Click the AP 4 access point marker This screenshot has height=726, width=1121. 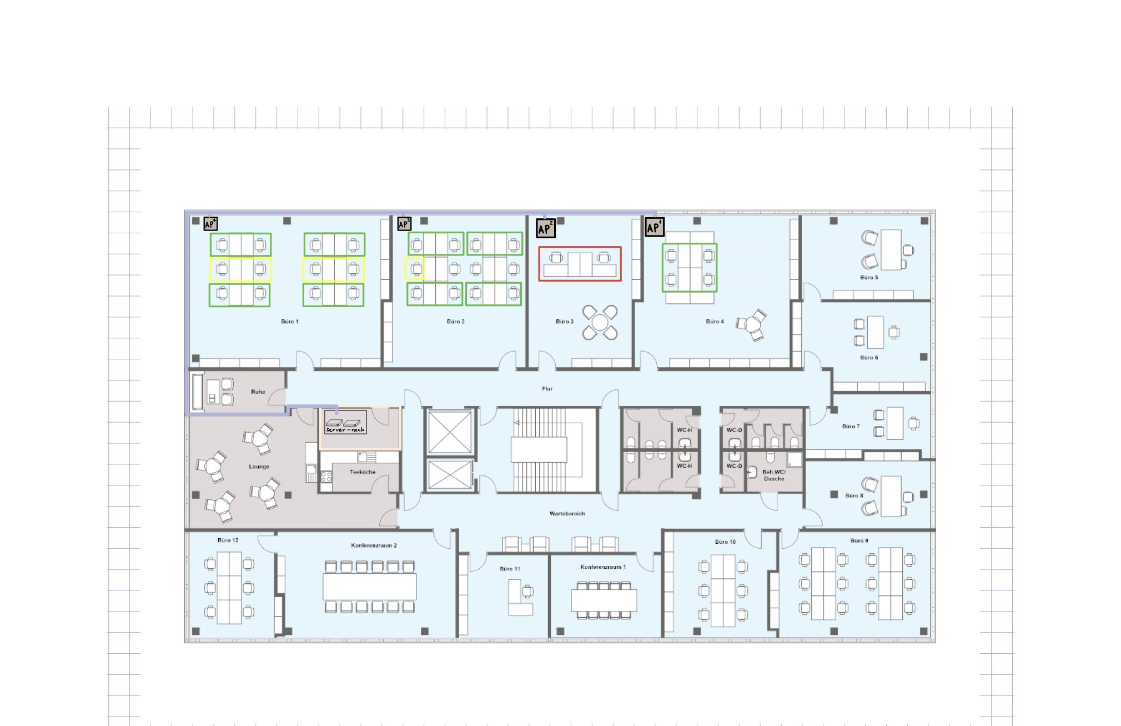click(210, 224)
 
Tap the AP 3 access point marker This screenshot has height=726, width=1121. click(404, 224)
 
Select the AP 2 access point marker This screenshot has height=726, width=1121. click(545, 228)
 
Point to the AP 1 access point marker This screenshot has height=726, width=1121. click(654, 227)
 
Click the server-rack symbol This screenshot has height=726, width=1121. click(345, 422)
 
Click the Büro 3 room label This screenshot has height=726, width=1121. click(564, 322)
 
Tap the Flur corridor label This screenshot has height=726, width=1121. click(547, 389)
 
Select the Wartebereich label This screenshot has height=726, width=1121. click(567, 514)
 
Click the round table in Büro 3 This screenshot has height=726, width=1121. click(600, 322)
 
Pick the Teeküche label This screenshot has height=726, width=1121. click(362, 472)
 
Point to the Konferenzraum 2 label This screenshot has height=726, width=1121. click(374, 545)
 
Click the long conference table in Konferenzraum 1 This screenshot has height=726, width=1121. click(604, 600)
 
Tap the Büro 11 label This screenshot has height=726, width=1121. click(509, 569)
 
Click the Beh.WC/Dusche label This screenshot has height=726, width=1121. click(773, 475)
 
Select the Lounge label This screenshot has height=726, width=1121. click(259, 467)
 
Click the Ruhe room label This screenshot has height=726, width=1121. click(258, 392)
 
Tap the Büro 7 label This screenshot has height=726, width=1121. click(850, 427)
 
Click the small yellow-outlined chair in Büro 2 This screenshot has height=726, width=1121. click(415, 269)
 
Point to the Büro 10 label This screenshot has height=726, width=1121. click(725, 542)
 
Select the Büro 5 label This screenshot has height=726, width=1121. click(868, 278)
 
